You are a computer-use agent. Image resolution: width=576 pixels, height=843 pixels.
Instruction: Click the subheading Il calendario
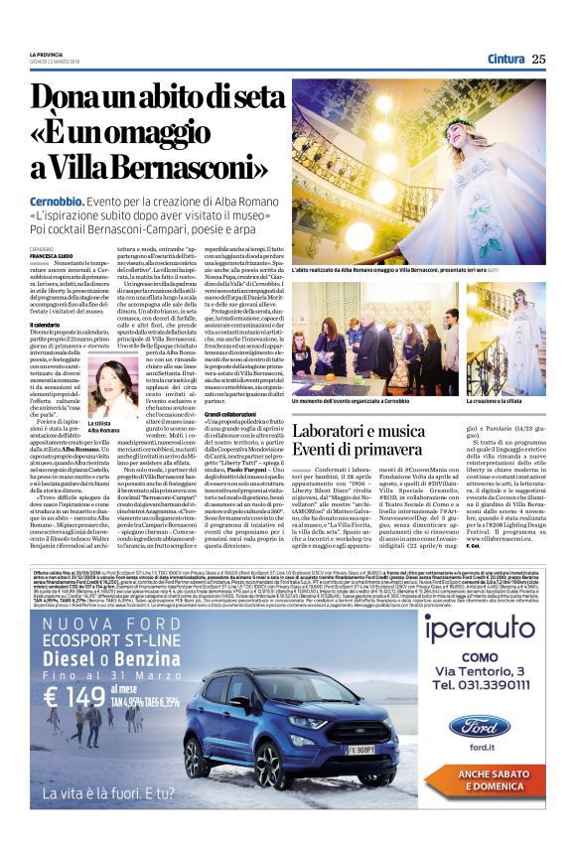[46, 326]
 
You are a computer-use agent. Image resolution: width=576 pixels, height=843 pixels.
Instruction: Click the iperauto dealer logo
[480, 630]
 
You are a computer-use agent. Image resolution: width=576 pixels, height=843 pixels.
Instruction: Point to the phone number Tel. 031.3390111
[481, 684]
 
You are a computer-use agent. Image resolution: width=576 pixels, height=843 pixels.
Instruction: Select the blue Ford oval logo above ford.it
[480, 724]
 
